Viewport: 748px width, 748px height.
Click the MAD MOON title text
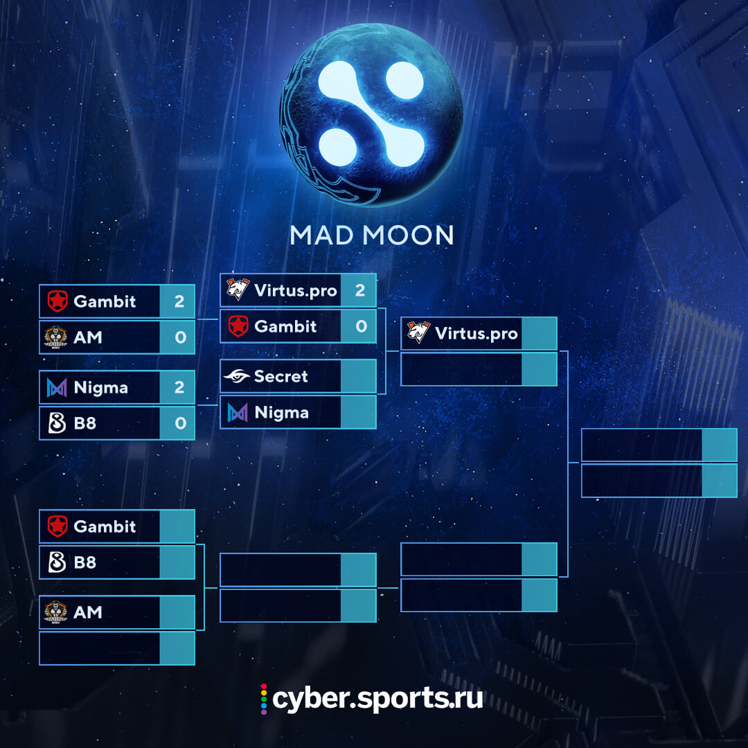[372, 235]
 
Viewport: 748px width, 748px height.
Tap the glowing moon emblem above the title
[371, 114]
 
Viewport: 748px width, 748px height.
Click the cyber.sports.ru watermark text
[377, 699]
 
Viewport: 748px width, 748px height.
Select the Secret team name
[280, 376]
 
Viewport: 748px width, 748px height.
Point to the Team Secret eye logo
[237, 376]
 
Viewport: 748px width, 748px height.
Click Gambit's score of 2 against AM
[179, 301]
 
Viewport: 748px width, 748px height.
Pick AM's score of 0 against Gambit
[180, 337]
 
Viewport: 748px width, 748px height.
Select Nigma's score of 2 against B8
[179, 387]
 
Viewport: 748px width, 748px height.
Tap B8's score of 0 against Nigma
[180, 423]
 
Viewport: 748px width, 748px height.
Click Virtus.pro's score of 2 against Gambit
[360, 290]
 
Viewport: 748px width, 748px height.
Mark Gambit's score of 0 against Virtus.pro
[361, 326]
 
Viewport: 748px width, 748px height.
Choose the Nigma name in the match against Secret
[281, 413]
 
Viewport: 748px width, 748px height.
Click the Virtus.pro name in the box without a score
[476, 333]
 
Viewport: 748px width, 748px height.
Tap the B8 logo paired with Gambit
[57, 562]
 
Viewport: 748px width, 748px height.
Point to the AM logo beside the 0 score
[56, 337]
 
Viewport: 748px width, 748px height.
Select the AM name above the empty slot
[88, 612]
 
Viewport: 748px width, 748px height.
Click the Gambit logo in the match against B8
[57, 526]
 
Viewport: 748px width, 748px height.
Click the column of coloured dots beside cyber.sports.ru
[264, 700]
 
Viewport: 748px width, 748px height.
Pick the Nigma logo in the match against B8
[57, 387]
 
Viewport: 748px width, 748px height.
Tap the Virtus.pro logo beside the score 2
[238, 289]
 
